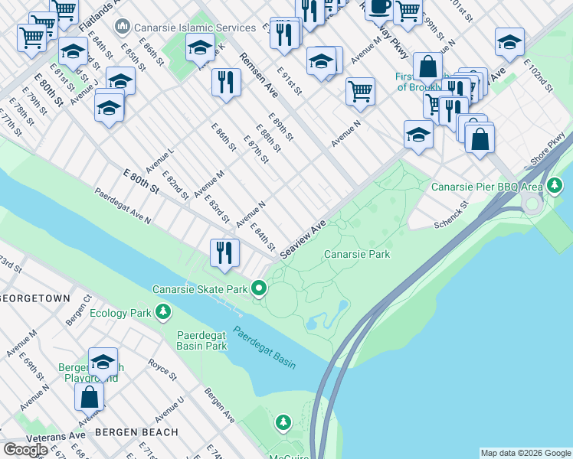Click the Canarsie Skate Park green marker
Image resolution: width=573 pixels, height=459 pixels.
[x=259, y=289]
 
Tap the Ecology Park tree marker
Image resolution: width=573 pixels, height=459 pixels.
[x=162, y=312]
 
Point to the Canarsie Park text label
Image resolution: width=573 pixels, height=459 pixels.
[x=356, y=254]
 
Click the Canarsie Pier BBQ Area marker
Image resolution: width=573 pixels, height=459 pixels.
[x=554, y=186]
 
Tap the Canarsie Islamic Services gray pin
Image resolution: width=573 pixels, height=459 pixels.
[x=122, y=28]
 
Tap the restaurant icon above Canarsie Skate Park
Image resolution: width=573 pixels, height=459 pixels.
[x=224, y=252]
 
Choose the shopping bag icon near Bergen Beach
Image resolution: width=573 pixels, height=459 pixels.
[x=90, y=396]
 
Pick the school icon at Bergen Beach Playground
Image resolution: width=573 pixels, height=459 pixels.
[x=103, y=363]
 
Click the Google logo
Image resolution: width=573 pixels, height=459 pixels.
[x=26, y=449]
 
